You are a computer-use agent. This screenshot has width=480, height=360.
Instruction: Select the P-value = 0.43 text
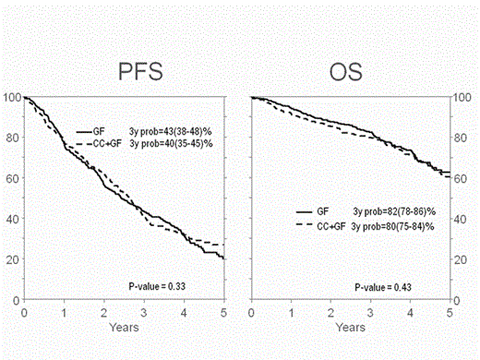coord(383,288)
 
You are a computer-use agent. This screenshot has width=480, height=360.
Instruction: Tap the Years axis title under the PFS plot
coord(123,327)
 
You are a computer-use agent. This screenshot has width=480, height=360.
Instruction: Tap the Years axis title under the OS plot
coord(351,327)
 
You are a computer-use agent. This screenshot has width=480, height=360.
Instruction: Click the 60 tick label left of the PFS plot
coord(12,178)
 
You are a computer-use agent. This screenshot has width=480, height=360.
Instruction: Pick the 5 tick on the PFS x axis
coord(223,313)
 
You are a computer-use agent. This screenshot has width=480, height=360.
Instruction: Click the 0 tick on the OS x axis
coord(251,313)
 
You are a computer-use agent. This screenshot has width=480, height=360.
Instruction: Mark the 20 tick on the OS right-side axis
coord(459,259)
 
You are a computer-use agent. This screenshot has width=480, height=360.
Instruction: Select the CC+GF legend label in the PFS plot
coord(102,144)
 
